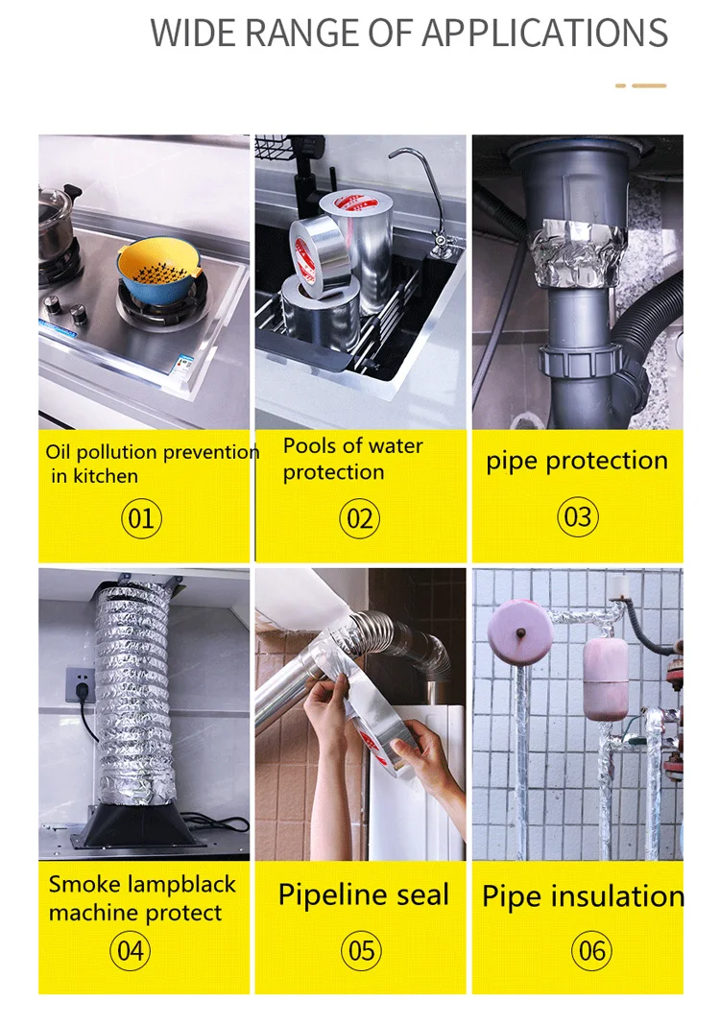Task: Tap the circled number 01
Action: (x=141, y=518)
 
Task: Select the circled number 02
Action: (x=359, y=518)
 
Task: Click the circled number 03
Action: (x=578, y=516)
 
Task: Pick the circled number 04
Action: (x=130, y=951)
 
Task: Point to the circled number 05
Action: (x=361, y=951)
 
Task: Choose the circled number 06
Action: (x=591, y=951)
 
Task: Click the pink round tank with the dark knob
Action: (x=519, y=633)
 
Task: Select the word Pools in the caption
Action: (x=311, y=445)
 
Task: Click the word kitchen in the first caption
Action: (x=106, y=476)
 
